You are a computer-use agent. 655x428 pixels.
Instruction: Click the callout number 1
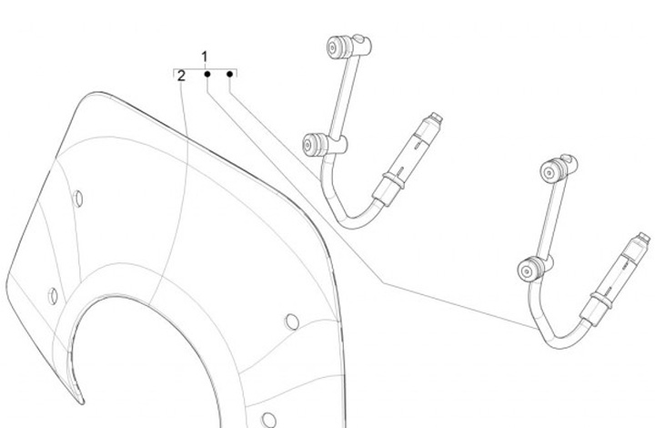tap(205, 57)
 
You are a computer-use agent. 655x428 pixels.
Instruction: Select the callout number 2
tap(182, 76)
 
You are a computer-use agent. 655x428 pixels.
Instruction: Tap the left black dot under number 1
tap(207, 73)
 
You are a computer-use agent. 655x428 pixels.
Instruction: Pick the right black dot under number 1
tap(230, 73)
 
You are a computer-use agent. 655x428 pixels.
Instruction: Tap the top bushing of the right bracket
tap(552, 169)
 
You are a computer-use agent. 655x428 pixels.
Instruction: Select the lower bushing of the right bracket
tap(529, 269)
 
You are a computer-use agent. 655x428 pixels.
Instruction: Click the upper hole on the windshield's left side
tap(79, 198)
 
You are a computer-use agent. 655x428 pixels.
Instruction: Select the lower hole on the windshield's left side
tap(54, 295)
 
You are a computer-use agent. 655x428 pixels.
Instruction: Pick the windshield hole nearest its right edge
tap(292, 321)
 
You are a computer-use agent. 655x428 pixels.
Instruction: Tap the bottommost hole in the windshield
tap(269, 419)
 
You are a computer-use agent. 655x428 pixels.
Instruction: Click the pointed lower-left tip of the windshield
tap(79, 400)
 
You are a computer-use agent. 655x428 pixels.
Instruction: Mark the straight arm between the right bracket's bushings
tap(542, 219)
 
